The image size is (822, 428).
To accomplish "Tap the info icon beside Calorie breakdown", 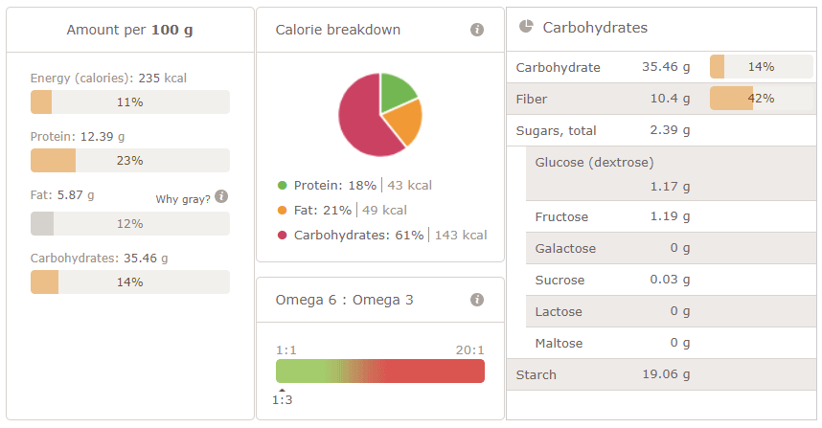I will [x=477, y=30].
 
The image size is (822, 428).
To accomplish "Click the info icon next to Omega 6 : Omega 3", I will [x=477, y=300].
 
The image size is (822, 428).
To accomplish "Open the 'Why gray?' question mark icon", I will [x=221, y=196].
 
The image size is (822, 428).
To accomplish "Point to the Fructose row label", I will [x=561, y=216].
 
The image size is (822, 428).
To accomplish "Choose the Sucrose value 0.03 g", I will [x=669, y=280].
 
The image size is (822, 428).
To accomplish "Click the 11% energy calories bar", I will [x=129, y=101].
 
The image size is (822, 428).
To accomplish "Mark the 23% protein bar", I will [x=129, y=160].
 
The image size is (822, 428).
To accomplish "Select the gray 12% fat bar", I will [x=129, y=223].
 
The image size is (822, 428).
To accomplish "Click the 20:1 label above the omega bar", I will [x=469, y=349].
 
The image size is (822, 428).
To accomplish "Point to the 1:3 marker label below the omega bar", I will [x=282, y=399].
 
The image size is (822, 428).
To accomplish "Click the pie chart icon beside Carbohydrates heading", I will [x=526, y=27].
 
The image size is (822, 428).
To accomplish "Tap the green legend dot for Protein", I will [x=282, y=185].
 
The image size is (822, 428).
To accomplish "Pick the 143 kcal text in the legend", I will [x=461, y=235].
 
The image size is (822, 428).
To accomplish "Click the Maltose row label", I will [x=559, y=343].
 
